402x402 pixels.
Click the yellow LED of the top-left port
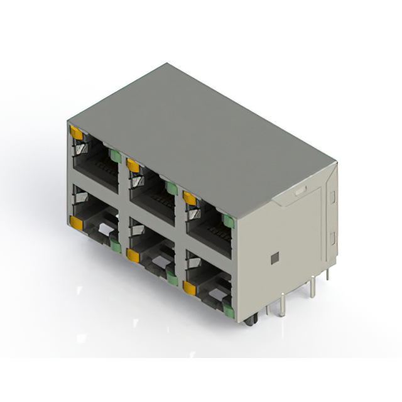[x=76, y=133]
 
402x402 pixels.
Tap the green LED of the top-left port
[x=115, y=156]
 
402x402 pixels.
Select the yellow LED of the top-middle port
[x=133, y=165]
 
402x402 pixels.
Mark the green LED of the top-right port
[x=229, y=221]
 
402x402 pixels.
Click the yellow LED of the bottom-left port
[x=76, y=222]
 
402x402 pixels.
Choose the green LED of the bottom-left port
[x=115, y=245]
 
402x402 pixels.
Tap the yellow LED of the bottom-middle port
[x=133, y=254]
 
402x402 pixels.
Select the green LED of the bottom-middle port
[x=171, y=277]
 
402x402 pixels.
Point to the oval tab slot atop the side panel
[x=300, y=188]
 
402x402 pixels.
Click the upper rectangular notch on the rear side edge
[x=333, y=195]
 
